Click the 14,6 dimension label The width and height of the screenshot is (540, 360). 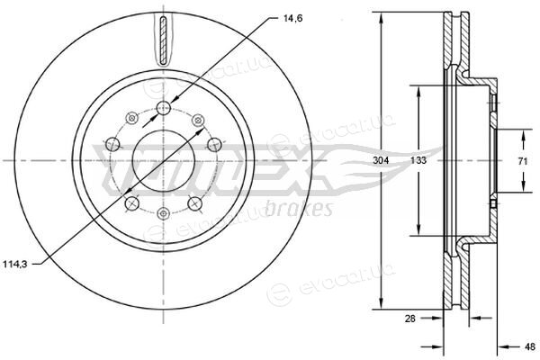click(292, 19)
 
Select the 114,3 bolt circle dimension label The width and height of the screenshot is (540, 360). click(14, 265)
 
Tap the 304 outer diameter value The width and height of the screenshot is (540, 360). click(381, 160)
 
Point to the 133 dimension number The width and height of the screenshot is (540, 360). click(418, 160)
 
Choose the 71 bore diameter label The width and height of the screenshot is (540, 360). click(523, 160)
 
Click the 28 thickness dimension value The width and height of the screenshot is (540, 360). click(409, 319)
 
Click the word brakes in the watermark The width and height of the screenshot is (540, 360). click(299, 209)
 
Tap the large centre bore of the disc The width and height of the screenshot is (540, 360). click(164, 161)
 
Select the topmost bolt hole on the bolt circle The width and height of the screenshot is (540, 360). click(164, 108)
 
